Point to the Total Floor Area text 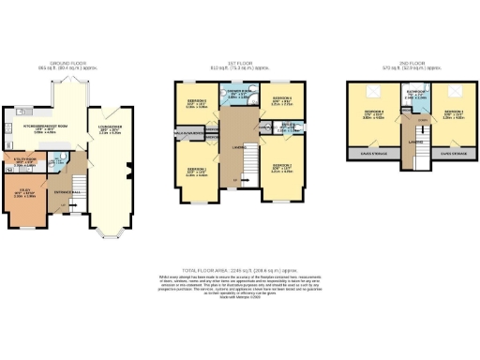click(240, 266)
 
